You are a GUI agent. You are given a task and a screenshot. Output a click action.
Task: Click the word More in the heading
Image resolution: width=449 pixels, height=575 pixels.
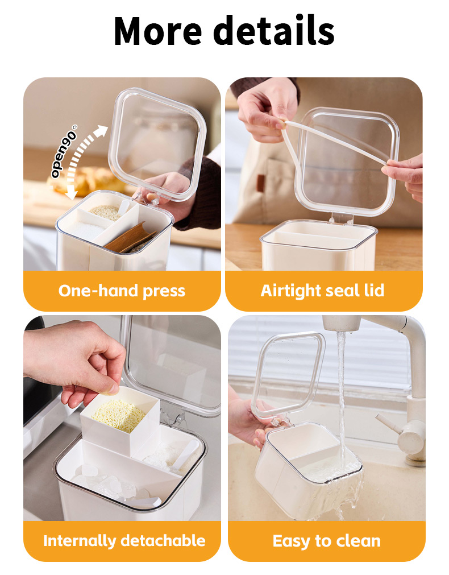click(x=157, y=31)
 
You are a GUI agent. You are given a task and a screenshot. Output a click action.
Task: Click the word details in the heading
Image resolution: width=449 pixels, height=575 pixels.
click(x=273, y=30)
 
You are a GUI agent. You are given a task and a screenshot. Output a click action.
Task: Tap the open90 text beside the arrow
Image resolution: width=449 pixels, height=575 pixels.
click(x=64, y=151)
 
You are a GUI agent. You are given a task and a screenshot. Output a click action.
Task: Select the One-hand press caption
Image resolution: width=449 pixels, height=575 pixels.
click(x=122, y=291)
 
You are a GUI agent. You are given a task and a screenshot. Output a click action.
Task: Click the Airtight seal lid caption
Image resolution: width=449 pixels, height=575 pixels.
click(x=322, y=291)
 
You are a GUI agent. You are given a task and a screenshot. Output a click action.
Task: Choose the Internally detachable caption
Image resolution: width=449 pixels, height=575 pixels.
click(x=124, y=540)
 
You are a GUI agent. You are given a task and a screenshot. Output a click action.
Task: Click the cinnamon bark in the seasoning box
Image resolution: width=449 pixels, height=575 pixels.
click(x=130, y=238)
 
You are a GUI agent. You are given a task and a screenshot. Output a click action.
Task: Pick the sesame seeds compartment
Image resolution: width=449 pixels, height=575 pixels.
click(x=105, y=212)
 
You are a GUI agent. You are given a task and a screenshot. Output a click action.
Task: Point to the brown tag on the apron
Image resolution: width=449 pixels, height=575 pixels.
click(x=261, y=183)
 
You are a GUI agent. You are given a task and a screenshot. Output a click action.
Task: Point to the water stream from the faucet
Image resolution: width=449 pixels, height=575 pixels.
click(x=341, y=400)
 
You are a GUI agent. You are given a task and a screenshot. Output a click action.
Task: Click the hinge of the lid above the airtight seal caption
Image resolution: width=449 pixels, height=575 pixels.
click(x=341, y=218)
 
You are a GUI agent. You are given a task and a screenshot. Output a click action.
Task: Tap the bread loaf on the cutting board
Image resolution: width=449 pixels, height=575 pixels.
click(x=87, y=180)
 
